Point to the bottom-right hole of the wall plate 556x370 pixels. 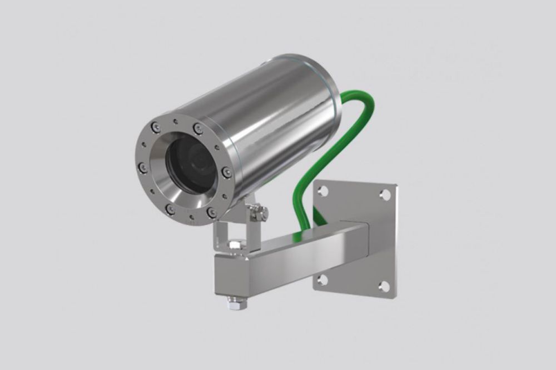coord(384,287)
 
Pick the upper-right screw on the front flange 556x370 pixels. coord(198,129)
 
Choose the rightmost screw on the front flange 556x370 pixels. coord(226,172)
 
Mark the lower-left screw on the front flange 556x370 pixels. coord(171,209)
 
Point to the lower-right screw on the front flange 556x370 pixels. coord(211,212)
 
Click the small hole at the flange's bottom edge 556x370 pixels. coord(191,217)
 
